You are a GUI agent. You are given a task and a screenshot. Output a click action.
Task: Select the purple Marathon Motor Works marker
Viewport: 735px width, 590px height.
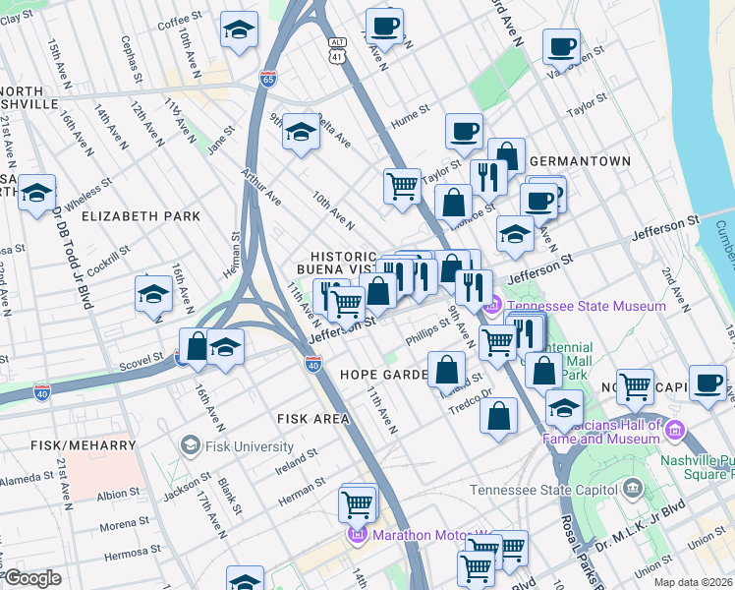tap(356, 536)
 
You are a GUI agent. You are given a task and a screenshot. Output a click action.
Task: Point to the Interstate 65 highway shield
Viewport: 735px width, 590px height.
tap(267, 78)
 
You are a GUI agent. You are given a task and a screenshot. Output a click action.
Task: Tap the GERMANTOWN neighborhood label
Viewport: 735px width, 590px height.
tap(579, 160)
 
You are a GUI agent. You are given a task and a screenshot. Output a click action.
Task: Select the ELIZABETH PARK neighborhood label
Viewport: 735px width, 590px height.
tap(141, 215)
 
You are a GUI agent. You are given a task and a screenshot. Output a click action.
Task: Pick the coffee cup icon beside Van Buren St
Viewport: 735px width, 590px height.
tap(561, 45)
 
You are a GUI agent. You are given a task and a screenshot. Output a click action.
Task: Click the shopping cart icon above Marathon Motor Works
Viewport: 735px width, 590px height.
tap(357, 503)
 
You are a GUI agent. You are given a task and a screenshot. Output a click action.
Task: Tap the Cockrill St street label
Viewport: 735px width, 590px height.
tap(108, 264)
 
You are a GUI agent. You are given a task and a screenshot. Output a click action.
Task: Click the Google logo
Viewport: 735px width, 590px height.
tap(32, 578)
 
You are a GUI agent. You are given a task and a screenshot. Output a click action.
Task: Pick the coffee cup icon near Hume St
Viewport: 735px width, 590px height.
tap(464, 130)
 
